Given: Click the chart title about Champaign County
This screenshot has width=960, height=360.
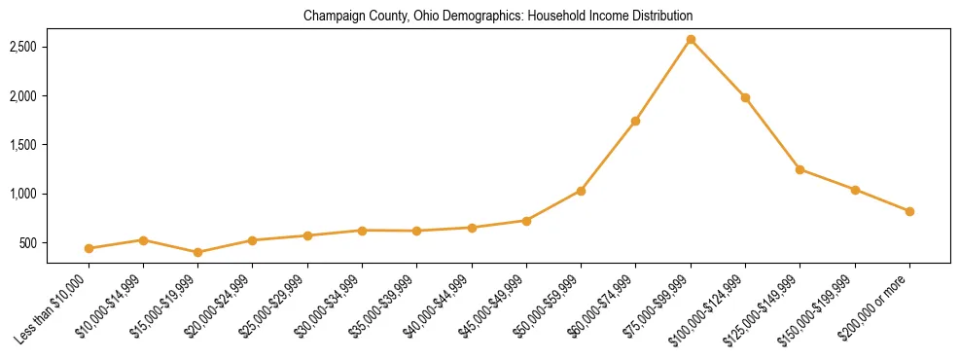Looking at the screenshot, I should pyautogui.click(x=498, y=17).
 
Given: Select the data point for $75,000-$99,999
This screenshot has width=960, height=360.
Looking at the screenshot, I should pyautogui.click(x=691, y=40).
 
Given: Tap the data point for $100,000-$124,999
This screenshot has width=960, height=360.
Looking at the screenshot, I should pyautogui.click(x=745, y=97).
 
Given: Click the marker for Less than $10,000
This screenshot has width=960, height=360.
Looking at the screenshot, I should pyautogui.click(x=89, y=248).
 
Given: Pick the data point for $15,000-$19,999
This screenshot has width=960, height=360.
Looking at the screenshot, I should pyautogui.click(x=198, y=252).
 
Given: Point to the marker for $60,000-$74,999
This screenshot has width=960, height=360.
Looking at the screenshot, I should pyautogui.click(x=635, y=121).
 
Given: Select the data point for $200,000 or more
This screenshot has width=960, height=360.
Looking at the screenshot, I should pyautogui.click(x=909, y=211).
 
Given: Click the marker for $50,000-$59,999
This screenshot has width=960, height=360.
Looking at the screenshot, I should pyautogui.click(x=581, y=191).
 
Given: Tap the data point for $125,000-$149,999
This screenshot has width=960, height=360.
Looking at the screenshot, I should pyautogui.click(x=800, y=169).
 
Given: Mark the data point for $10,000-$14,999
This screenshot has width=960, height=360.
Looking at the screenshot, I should pyautogui.click(x=143, y=239).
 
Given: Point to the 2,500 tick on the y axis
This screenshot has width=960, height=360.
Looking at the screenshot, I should pyautogui.click(x=23, y=47).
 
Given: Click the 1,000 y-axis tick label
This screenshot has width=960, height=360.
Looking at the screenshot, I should pyautogui.click(x=23, y=194).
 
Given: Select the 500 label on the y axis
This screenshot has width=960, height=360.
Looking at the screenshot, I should pyautogui.click(x=29, y=242).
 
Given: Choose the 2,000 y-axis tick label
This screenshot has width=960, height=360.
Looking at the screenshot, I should pyautogui.click(x=23, y=96).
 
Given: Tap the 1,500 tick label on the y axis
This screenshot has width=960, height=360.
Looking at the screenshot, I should pyautogui.click(x=23, y=145).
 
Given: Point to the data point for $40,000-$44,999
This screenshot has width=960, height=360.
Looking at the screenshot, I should pyautogui.click(x=472, y=228).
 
